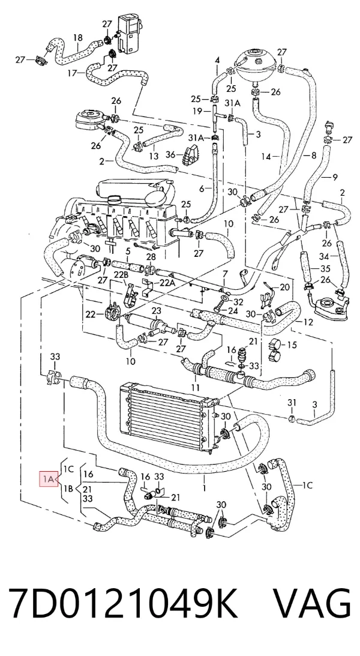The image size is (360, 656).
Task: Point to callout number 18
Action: [x=78, y=38]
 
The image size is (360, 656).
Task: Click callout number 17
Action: [x=73, y=73]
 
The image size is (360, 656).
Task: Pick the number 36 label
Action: [x=170, y=155]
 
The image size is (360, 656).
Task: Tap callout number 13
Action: [x=154, y=156]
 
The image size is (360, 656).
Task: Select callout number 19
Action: [x=198, y=111]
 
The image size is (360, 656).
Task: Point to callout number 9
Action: [x=334, y=178]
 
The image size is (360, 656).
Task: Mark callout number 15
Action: [x=292, y=345]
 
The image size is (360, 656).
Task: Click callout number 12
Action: [x=308, y=322]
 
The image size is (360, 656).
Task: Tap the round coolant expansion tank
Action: [x=256, y=64]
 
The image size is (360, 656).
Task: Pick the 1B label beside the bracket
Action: [x=69, y=489]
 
